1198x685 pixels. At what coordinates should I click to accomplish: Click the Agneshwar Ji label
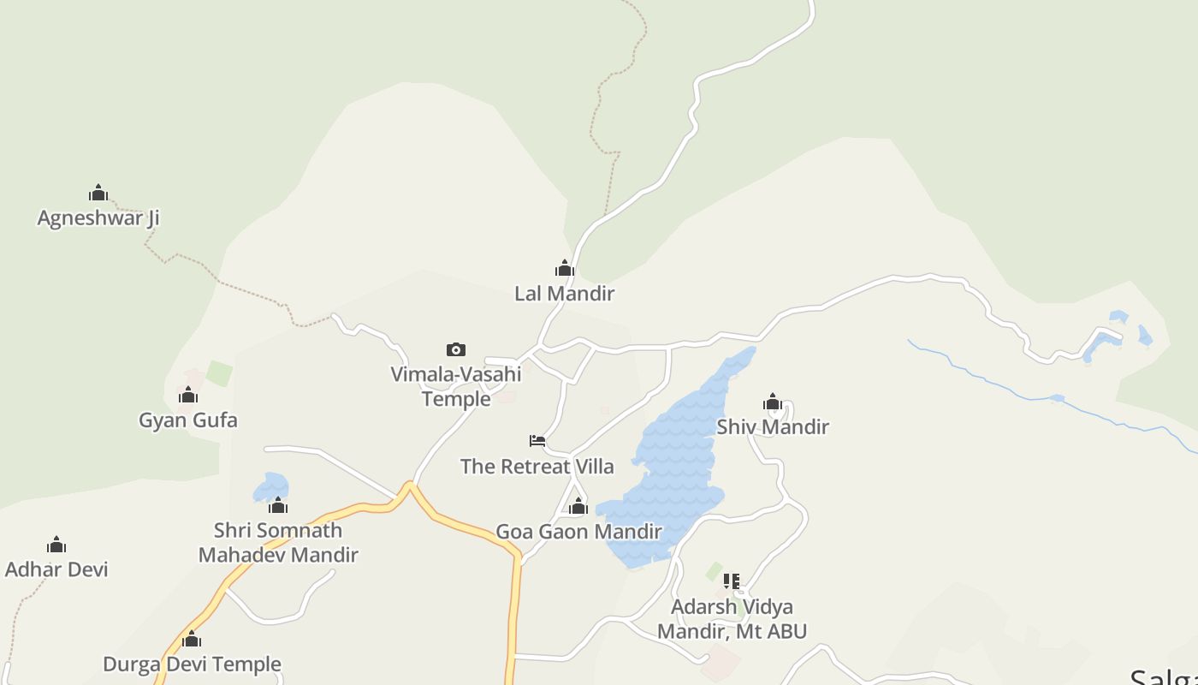98,217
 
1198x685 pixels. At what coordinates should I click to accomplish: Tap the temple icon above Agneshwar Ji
98,193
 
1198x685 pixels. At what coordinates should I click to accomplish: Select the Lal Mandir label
564,293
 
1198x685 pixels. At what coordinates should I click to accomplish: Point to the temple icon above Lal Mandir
564,268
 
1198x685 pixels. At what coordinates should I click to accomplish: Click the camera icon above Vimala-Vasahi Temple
456,349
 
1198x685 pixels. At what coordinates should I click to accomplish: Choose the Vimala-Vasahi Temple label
456,386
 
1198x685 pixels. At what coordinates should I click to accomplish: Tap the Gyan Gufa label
188,420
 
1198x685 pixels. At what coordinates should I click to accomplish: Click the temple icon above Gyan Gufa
188,395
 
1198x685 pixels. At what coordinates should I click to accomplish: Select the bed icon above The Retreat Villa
537,441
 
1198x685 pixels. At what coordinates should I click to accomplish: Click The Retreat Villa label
537,466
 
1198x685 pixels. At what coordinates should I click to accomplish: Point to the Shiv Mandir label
773,426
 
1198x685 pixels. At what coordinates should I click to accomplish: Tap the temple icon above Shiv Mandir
773,402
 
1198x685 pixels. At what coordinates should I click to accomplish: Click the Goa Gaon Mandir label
578,531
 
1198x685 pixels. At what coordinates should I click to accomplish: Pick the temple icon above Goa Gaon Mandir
578,506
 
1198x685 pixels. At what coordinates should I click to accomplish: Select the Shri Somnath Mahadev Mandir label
278,542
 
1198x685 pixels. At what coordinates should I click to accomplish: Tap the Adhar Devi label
56,569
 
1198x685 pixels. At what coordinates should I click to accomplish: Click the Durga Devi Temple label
192,664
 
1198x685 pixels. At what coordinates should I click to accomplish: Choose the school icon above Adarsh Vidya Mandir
732,581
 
